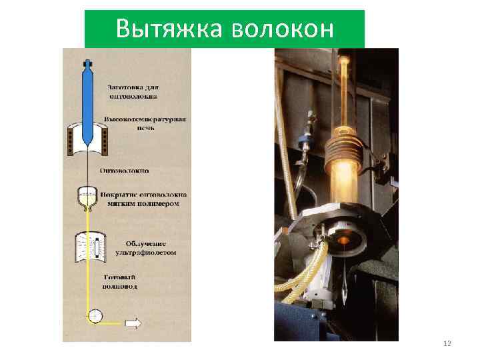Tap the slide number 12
(447, 343)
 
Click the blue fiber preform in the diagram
(86, 100)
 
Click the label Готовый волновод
(121, 281)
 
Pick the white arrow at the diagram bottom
(133, 323)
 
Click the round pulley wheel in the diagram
(95, 315)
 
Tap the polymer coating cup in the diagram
(87, 196)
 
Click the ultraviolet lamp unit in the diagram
(89, 248)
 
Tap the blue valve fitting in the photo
(307, 140)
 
